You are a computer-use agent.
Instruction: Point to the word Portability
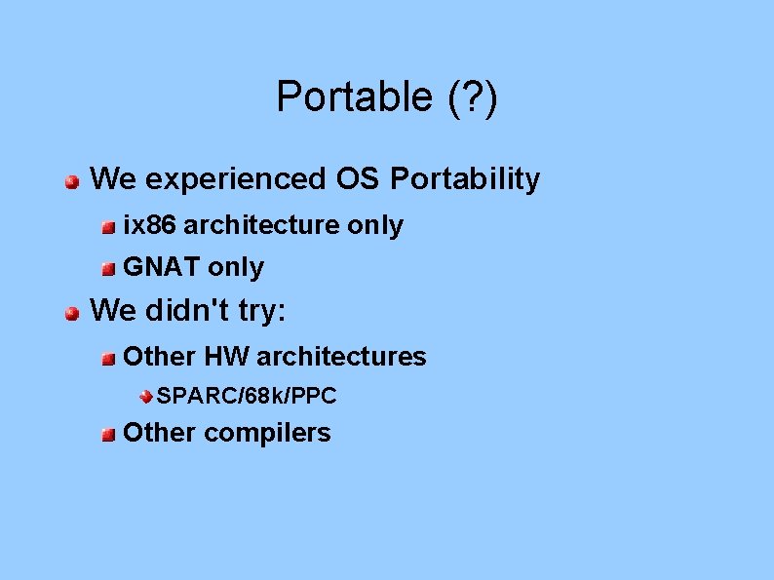click(x=465, y=179)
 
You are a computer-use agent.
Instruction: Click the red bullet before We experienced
click(x=72, y=181)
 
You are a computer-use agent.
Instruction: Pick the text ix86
click(x=149, y=225)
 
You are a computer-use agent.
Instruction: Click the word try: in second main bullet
click(x=262, y=311)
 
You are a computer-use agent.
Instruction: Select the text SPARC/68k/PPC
click(x=247, y=396)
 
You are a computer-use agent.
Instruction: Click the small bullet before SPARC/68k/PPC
click(x=144, y=397)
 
